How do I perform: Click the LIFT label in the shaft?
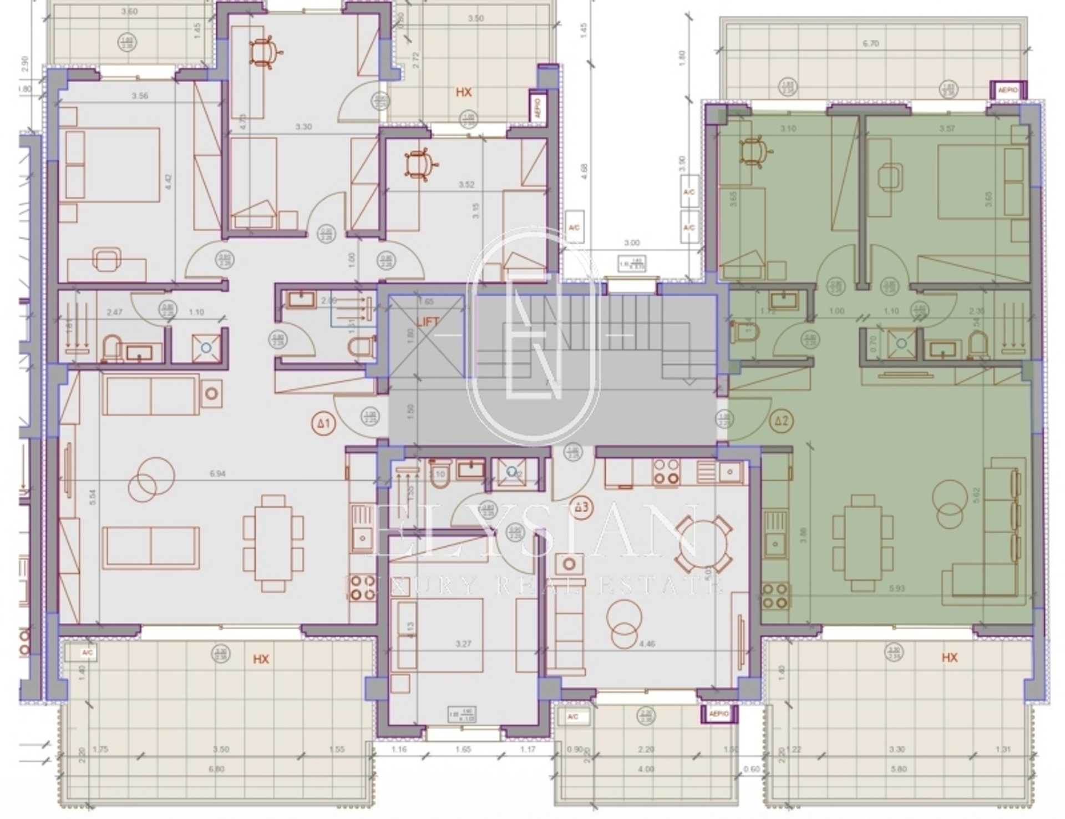pyautogui.click(x=428, y=322)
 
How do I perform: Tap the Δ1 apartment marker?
pyautogui.click(x=323, y=424)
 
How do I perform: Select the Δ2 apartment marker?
pyautogui.click(x=781, y=421)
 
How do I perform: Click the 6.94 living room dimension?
pyautogui.click(x=217, y=474)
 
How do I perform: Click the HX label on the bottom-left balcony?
pyautogui.click(x=261, y=659)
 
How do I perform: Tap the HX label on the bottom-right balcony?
pyautogui.click(x=949, y=658)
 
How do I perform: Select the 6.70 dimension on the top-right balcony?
pyautogui.click(x=870, y=43)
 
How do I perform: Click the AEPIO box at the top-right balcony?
pyautogui.click(x=1008, y=90)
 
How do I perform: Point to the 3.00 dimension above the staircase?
pyautogui.click(x=631, y=243)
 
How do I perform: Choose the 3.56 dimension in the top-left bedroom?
pyautogui.click(x=140, y=96)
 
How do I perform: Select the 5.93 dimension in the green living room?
pyautogui.click(x=896, y=588)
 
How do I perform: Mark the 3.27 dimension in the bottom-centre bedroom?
pyautogui.click(x=463, y=644)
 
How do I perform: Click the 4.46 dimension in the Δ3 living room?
pyautogui.click(x=647, y=644)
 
